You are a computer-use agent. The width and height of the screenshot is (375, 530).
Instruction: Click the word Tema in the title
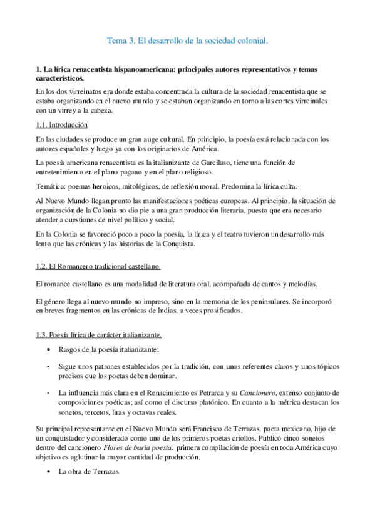(x=116, y=41)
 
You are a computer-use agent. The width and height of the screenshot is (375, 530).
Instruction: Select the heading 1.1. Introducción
(x=61, y=125)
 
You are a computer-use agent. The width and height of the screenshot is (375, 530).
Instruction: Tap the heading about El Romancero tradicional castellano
(x=98, y=267)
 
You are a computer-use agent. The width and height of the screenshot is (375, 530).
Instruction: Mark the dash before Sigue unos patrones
(x=49, y=364)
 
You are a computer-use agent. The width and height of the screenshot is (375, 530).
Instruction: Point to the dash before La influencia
(x=49, y=392)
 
